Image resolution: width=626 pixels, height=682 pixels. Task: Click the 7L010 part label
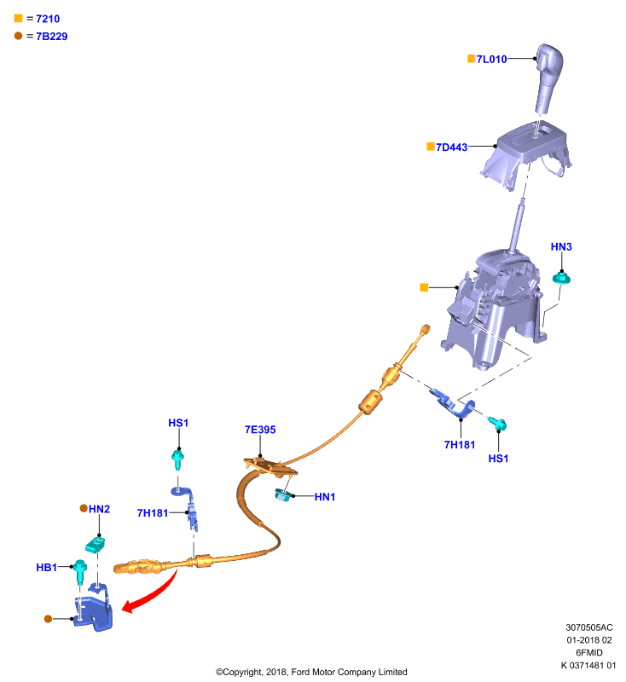coord(491,59)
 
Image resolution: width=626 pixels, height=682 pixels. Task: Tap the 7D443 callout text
coord(451,147)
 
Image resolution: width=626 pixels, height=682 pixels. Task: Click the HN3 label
coord(561,246)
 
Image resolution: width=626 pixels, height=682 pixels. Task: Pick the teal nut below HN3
coord(561,278)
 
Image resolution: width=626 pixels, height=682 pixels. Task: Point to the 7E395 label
coord(260,430)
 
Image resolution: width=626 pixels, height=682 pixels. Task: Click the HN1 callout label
coord(325,497)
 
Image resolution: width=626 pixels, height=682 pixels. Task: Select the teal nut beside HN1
coord(283,495)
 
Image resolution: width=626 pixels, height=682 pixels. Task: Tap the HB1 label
coord(47,567)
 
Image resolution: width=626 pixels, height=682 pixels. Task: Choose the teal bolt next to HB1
coord(80,572)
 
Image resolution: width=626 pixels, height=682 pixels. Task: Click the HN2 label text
coord(99,509)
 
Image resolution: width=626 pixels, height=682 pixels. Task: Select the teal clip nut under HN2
coord(96,545)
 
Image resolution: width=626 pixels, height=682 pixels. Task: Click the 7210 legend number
coord(48,19)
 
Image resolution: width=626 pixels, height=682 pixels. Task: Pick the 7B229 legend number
coord(52,36)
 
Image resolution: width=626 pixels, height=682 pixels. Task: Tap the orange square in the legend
coord(18,18)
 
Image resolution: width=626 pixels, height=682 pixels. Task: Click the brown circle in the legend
coord(18,36)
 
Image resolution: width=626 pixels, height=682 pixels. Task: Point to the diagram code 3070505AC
coord(589,627)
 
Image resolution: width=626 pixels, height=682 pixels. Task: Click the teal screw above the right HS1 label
coord(497,423)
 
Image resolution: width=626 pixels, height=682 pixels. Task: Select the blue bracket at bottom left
coord(94,608)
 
